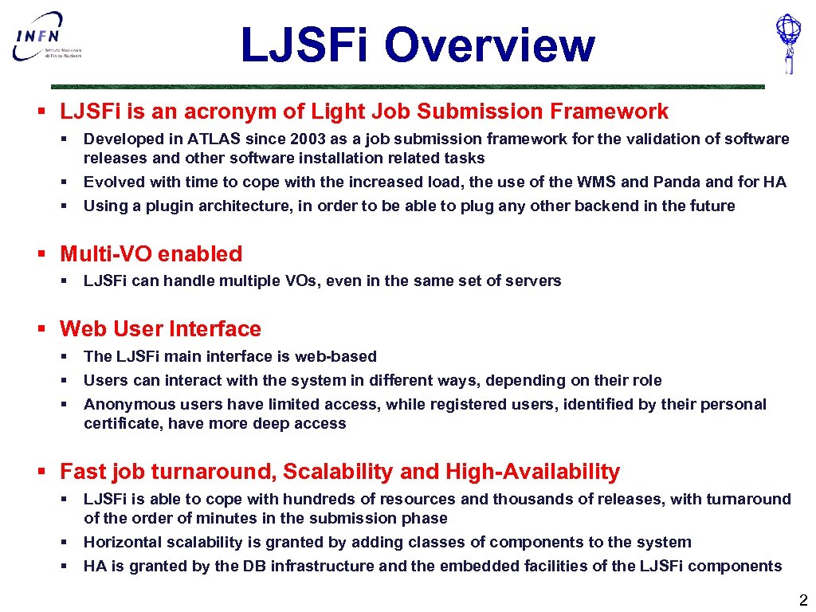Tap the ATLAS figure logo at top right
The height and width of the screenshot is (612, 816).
click(788, 44)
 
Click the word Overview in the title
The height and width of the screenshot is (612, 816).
click(489, 45)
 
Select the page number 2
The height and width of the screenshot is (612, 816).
click(802, 600)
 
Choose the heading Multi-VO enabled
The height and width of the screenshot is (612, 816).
click(151, 254)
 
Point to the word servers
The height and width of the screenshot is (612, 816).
click(534, 280)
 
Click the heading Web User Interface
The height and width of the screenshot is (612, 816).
click(160, 329)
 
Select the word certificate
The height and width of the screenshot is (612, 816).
click(121, 423)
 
